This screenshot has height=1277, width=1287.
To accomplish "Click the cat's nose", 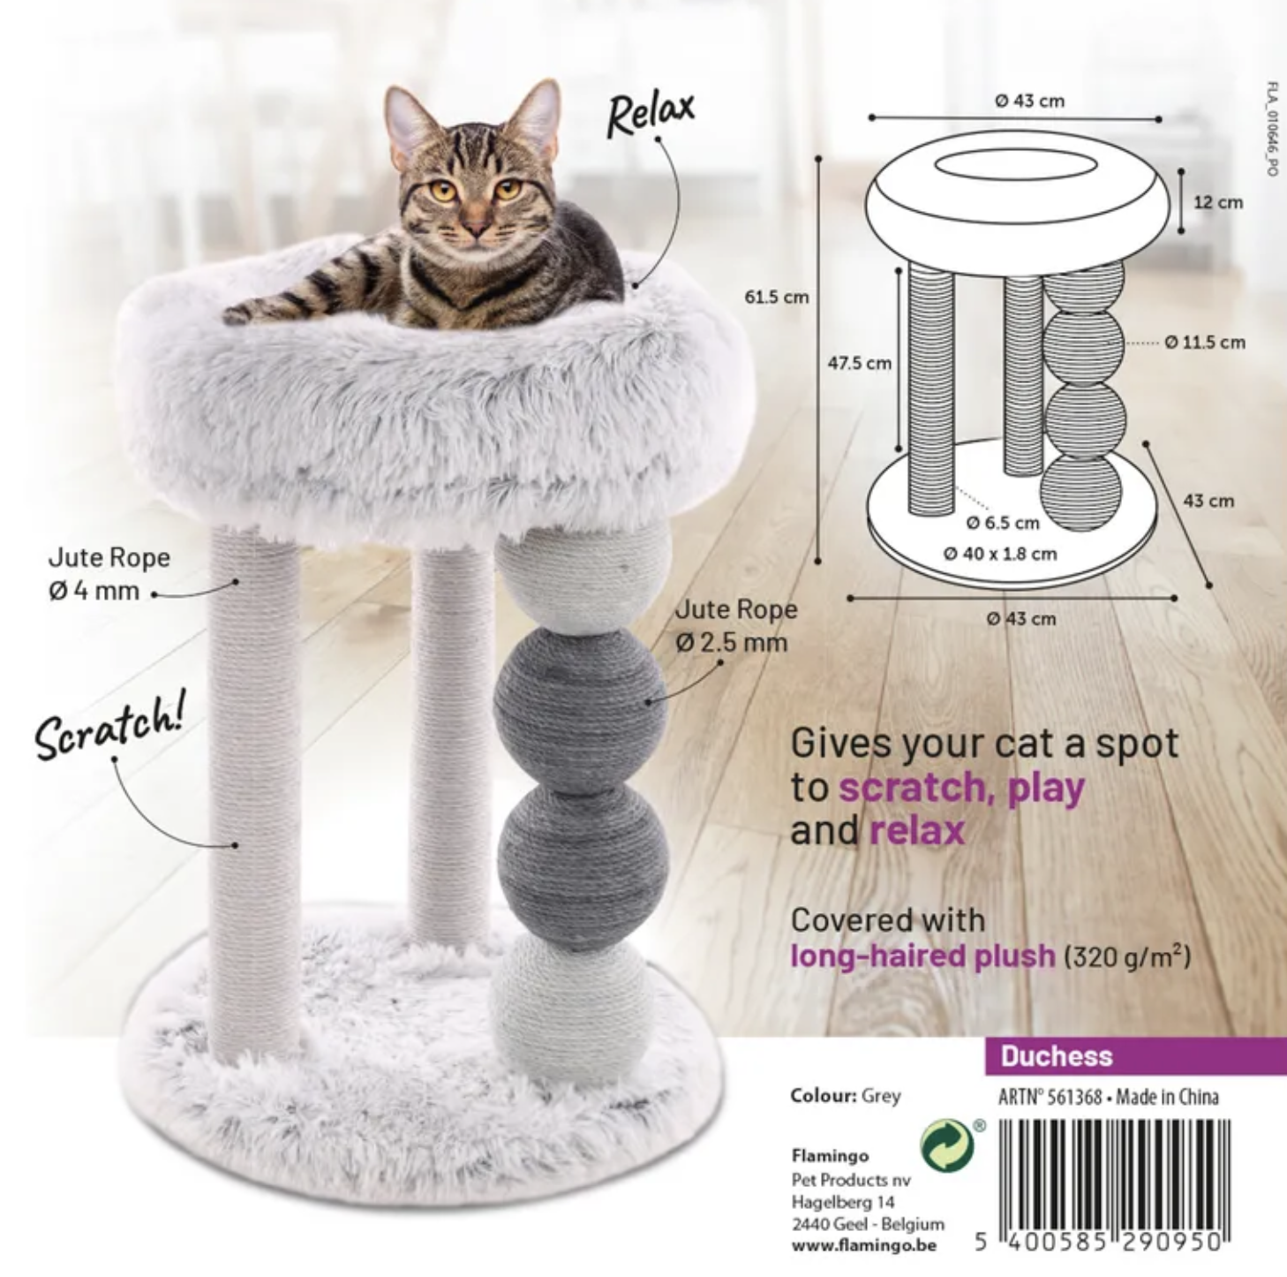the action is pos(477,227).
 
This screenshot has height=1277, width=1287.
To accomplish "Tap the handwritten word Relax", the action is pos(650,114).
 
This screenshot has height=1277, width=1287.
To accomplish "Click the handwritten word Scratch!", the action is pos(110,726).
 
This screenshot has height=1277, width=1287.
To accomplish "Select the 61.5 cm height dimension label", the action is pos(777,298).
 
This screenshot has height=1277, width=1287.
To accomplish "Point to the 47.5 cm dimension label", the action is pos(860,364).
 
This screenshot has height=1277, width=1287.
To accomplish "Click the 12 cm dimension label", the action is pos(1218,202).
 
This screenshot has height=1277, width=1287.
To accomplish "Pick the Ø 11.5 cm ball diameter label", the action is pos(1205,342).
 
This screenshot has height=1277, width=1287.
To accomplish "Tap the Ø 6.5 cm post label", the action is pos(1003,523).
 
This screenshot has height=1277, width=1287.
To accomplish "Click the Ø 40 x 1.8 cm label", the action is pos(1000,554).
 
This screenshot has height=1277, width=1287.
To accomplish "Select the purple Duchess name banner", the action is pos(1135,1056).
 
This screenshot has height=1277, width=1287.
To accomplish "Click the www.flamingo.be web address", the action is pos(864,1245).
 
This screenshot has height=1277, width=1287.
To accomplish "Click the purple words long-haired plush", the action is pos(922,956).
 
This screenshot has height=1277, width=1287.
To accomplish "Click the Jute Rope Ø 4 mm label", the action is pos(109,574).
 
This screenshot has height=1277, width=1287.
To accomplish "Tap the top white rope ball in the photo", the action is pos(582,578).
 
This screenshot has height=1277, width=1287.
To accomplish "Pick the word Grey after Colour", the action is pos(881,1096).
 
